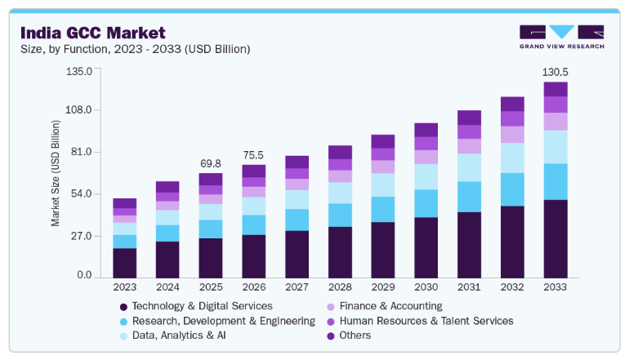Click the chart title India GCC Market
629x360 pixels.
pos(92,33)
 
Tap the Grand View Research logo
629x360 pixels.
pos(562,37)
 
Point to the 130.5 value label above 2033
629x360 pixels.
pos(555,72)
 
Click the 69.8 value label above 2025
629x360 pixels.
pos(211,163)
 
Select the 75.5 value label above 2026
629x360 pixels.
pos(253,155)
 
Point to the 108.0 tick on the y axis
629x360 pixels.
pos(78,110)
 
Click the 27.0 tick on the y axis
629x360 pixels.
pos(82,236)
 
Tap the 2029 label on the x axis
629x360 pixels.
pos(383,287)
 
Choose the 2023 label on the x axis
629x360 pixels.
pos(125,287)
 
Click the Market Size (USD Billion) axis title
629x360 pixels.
pos(56,173)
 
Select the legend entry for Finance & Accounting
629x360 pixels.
pos(385,306)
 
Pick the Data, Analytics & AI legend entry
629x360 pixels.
pos(173,336)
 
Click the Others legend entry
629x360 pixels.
pos(349,336)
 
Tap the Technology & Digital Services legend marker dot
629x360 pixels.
pos(123,307)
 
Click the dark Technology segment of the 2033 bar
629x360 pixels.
pos(555,239)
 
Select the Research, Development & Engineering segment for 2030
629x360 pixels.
pos(426,203)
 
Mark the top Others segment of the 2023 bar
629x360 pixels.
pos(125,203)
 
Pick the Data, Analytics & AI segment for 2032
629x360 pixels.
pos(512,158)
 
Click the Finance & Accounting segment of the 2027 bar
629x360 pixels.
pos(297,184)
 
